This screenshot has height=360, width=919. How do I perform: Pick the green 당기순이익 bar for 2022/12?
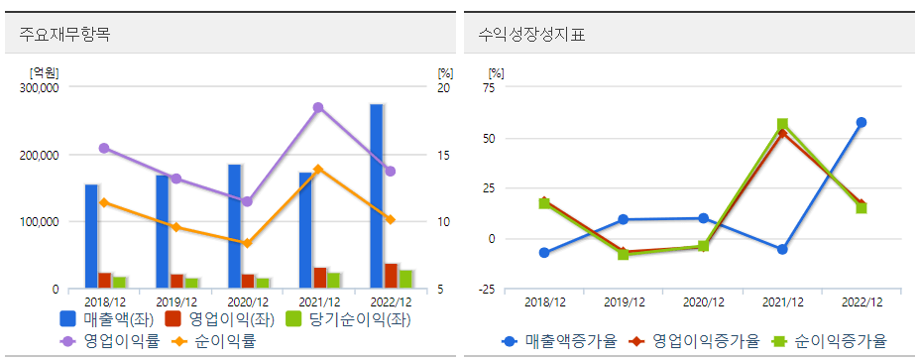click(x=405, y=279)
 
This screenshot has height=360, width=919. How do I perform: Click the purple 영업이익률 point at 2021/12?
click(x=318, y=107)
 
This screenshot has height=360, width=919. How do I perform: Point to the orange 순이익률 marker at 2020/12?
click(x=247, y=243)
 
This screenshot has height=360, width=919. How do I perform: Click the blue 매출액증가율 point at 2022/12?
click(x=862, y=123)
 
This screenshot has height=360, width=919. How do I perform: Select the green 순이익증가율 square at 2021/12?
click(x=782, y=125)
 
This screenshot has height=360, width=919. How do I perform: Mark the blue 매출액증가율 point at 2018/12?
click(x=544, y=253)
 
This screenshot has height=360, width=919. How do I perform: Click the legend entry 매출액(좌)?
click(x=105, y=319)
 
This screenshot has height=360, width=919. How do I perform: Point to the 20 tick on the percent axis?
click(x=444, y=88)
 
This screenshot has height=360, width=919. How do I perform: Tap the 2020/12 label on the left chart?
click(x=247, y=301)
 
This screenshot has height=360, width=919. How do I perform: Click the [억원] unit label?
click(x=45, y=72)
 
